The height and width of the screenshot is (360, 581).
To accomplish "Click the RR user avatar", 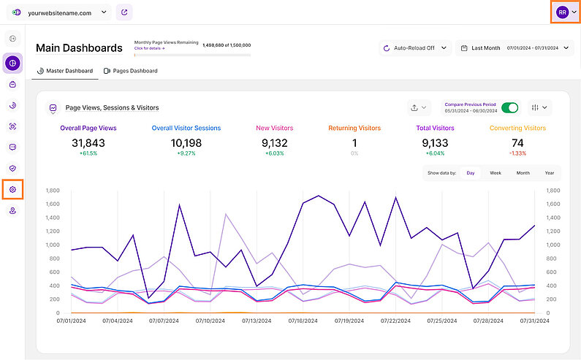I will pos(562,12).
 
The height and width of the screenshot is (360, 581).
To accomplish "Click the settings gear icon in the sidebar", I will pos(12,190).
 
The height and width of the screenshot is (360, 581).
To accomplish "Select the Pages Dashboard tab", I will pos(131,71).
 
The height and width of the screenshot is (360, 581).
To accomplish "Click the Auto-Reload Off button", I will pos(414,48).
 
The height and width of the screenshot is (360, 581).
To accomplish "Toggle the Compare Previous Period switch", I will pos(510,107).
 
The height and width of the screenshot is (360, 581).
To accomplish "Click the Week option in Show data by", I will pos(495,173).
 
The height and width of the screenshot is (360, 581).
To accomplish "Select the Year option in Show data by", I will pos(549,173).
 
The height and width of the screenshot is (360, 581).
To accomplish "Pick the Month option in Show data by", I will pos(523,173).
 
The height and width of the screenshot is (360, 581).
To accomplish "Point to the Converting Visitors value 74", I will pos(517,143).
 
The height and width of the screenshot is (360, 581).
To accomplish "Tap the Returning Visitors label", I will pos(354,128).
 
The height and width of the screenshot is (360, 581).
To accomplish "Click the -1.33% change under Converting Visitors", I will pos(517,154).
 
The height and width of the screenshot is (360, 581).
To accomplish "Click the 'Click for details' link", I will pos(149,48).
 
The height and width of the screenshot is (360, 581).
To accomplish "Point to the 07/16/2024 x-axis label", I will pos(303,320).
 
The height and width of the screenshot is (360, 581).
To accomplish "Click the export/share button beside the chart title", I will pos(418,107).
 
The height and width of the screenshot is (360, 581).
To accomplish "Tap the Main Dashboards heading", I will pos(79,48).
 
